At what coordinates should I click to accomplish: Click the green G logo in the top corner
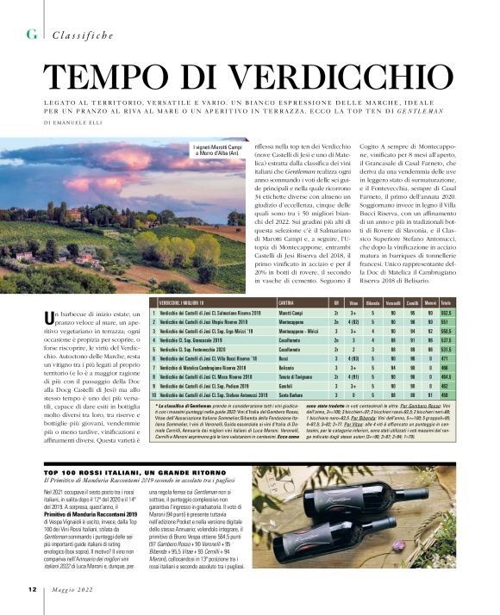pyautogui.click(x=32, y=34)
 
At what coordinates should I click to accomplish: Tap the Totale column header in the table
pyautogui.click(x=446, y=303)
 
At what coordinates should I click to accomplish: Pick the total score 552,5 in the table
pyautogui.click(x=446, y=314)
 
